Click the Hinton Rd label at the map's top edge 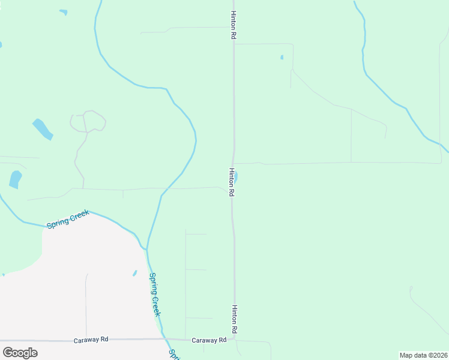pyautogui.click(x=232, y=25)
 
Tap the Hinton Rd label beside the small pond pyautogui.click(x=231, y=182)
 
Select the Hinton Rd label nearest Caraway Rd pyautogui.click(x=235, y=319)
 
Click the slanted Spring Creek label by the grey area pyautogui.click(x=68, y=218)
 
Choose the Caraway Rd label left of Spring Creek pyautogui.click(x=91, y=340)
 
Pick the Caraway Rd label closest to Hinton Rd pyautogui.click(x=209, y=340)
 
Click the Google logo pyautogui.click(x=20, y=352)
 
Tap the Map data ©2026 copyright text pyautogui.click(x=424, y=355)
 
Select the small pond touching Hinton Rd pyautogui.click(x=236, y=177)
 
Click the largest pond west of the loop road pyautogui.click(x=42, y=128)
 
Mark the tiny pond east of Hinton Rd pyautogui.click(x=282, y=58)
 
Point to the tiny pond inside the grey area pyautogui.click(x=135, y=274)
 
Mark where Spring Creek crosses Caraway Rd pyautogui.click(x=166, y=340)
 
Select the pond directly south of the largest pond pyautogui.click(x=15, y=179)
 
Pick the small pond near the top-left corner pyautogui.click(x=63, y=12)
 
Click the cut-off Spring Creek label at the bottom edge pyautogui.click(x=173, y=354)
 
